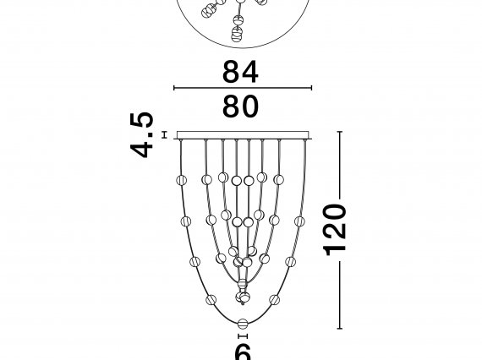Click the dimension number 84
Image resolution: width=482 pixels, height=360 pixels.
pyautogui.click(x=240, y=72)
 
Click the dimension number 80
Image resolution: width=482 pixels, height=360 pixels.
pyautogui.click(x=240, y=106)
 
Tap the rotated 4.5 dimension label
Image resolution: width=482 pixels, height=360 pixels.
pyautogui.click(x=142, y=135)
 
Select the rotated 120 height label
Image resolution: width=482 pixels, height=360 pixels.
pyautogui.click(x=335, y=230)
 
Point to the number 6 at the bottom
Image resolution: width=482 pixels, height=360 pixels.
pyautogui.click(x=243, y=352)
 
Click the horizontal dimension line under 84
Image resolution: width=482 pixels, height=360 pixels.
pyautogui.click(x=243, y=88)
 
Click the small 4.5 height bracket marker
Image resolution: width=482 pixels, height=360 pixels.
pyautogui.click(x=165, y=135)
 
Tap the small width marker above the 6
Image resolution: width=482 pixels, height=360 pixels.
pyautogui.click(x=243, y=336)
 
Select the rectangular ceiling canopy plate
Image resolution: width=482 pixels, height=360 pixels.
pyautogui.click(x=243, y=135)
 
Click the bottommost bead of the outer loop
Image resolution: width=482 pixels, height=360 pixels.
pyautogui.click(x=243, y=323)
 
